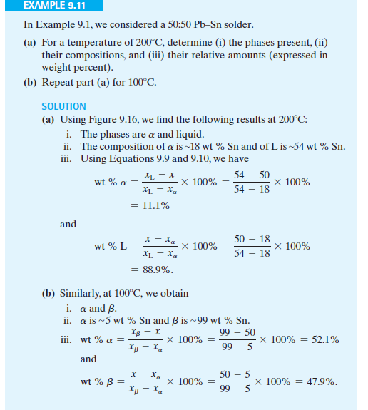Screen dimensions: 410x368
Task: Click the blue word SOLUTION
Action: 63,106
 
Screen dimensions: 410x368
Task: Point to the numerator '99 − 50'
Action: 232,332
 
